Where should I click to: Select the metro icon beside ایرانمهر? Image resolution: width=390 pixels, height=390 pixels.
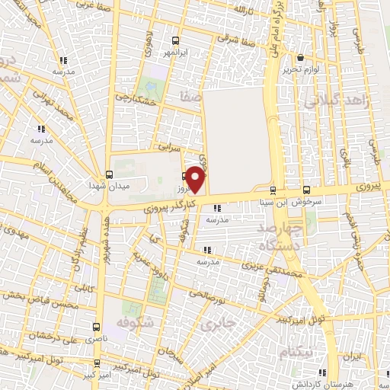pos(175,40)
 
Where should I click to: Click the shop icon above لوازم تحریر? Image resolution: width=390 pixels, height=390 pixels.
pos(300,57)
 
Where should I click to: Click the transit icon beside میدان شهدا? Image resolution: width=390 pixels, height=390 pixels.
pos(108,174)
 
